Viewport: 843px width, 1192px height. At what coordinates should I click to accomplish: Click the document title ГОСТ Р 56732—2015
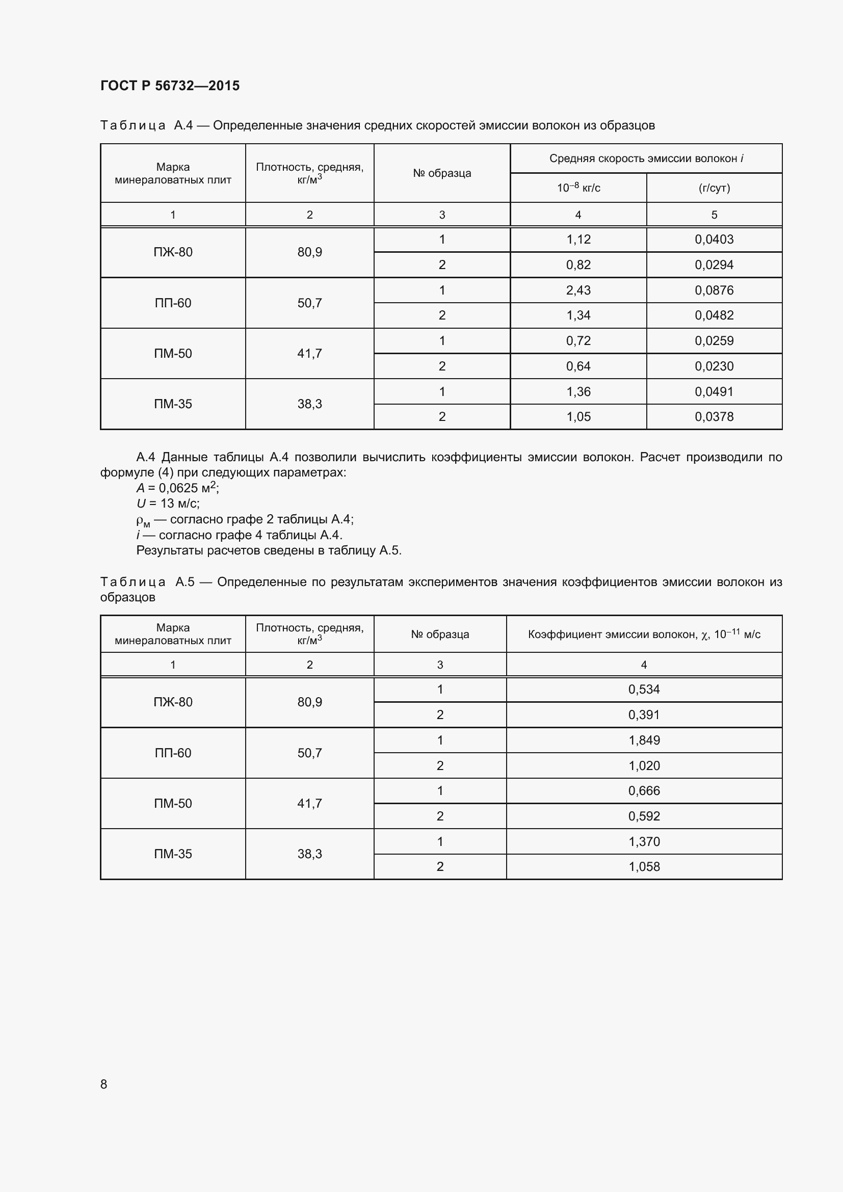click(170, 86)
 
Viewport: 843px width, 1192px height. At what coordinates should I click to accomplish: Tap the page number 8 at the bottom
click(104, 1084)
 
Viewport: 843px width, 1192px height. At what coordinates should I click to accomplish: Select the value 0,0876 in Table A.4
click(714, 290)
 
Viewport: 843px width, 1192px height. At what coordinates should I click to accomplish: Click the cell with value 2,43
click(578, 290)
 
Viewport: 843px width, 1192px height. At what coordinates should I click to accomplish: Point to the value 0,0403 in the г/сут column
click(714, 240)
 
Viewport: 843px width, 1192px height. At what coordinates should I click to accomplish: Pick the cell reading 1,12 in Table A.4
click(578, 240)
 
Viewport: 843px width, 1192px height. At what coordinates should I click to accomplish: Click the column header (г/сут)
click(714, 188)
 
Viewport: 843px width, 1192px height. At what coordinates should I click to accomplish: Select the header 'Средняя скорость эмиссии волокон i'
click(646, 158)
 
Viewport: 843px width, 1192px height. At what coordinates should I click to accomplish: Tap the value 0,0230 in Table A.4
click(714, 366)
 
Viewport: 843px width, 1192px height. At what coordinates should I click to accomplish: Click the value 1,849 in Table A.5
click(644, 740)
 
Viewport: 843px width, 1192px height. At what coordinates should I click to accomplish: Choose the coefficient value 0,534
click(644, 690)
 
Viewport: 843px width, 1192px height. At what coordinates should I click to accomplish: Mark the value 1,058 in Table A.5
click(644, 866)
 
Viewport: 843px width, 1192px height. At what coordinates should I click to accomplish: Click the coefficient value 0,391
click(644, 715)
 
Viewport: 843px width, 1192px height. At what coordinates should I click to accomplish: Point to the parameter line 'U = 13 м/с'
click(168, 503)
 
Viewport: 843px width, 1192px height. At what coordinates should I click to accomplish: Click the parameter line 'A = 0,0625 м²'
click(177, 488)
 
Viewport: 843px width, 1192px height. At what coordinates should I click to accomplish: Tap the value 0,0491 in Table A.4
click(714, 392)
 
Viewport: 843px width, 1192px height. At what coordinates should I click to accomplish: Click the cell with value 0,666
click(644, 791)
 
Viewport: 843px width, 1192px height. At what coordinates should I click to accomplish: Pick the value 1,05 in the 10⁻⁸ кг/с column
click(578, 417)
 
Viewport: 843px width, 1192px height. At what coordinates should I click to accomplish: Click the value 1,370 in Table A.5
click(644, 841)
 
